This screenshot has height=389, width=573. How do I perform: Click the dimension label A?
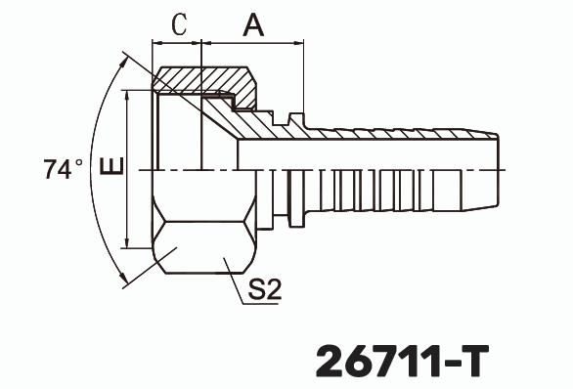point(252,24)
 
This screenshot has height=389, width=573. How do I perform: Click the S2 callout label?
point(264,290)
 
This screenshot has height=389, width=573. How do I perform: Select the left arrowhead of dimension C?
point(156,43)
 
